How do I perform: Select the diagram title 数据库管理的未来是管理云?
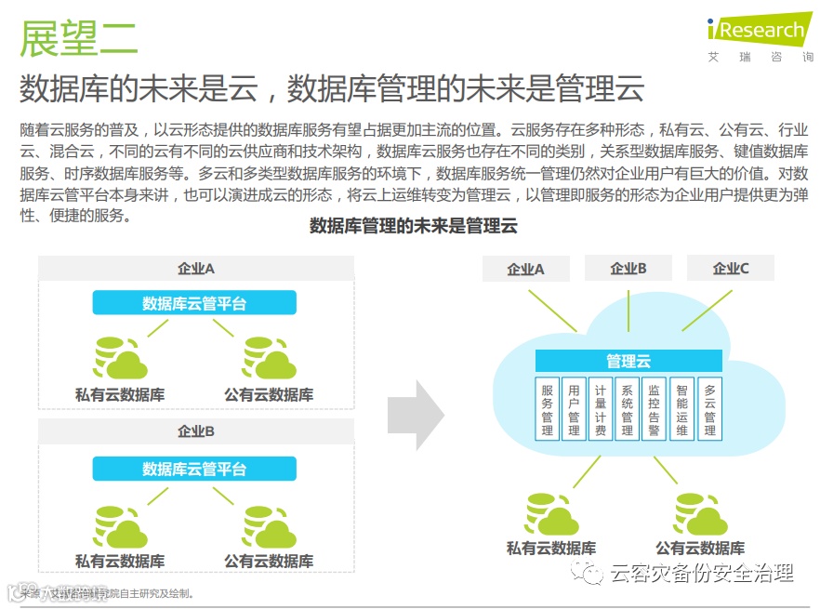pos(413,225)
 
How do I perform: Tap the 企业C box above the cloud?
pos(731,269)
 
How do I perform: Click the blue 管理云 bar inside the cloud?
pos(628,362)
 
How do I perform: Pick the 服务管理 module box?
pos(548,409)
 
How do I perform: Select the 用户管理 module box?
pos(574,409)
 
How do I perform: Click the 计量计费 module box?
pos(601,409)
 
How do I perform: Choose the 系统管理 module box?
pos(628,409)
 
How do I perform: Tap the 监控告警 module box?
pos(655,409)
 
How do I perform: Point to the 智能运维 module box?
pos(682,409)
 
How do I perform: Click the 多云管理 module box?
pos(710,409)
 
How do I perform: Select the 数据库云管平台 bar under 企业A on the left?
pos(194,302)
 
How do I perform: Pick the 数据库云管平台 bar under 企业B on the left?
pos(194,469)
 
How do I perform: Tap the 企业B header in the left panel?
pos(196,431)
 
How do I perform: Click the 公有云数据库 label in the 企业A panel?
pos(269,394)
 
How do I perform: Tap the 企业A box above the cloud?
pos(525,269)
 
